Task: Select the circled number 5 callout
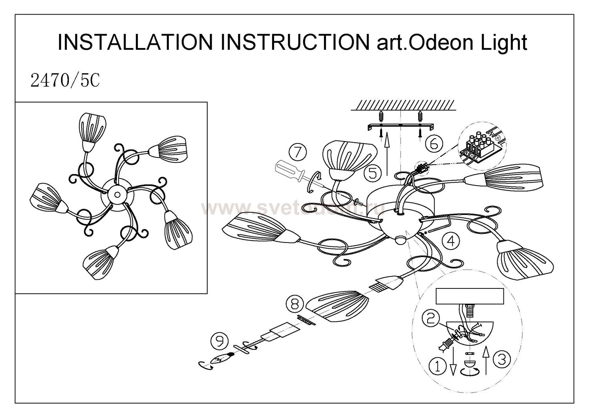pos(372,172)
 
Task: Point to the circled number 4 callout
pos(451,241)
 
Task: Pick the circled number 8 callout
pos(295,303)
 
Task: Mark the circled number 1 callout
pos(438,367)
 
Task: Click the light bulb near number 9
pos(222,359)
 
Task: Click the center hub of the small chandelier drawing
pos(116,194)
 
